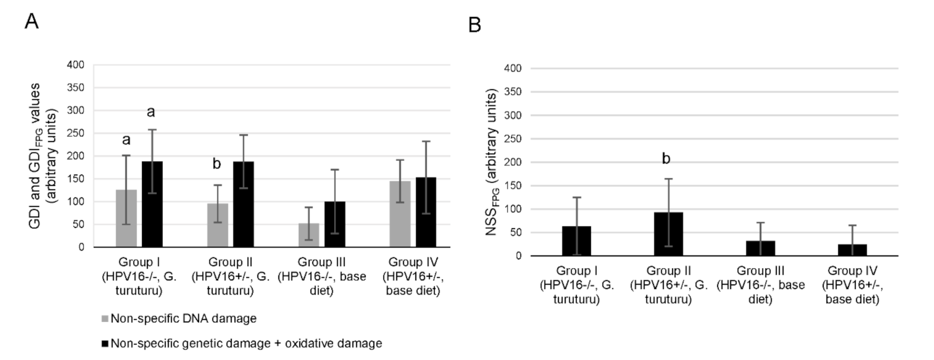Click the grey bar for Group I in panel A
click(126, 219)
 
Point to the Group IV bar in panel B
click(852, 250)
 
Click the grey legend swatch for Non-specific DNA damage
click(106, 318)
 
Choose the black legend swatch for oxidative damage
click(106, 344)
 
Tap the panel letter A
click(32, 21)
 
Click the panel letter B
click(474, 25)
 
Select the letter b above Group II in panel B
click(666, 158)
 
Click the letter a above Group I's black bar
click(152, 112)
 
